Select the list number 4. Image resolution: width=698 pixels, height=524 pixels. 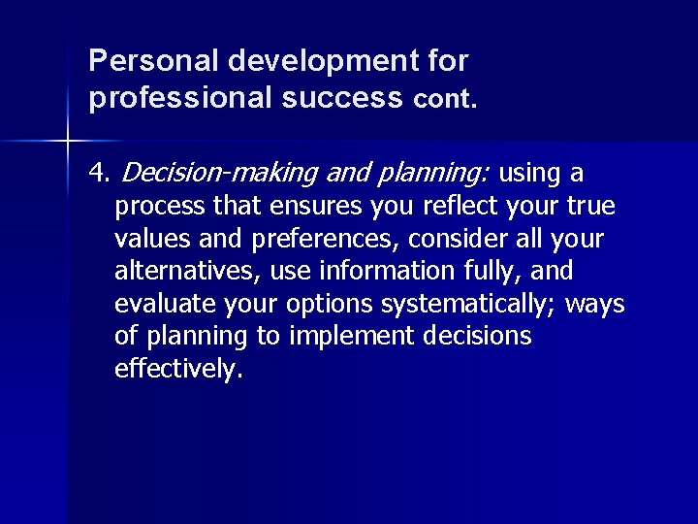click(98, 174)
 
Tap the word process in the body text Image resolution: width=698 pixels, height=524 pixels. click(159, 207)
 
